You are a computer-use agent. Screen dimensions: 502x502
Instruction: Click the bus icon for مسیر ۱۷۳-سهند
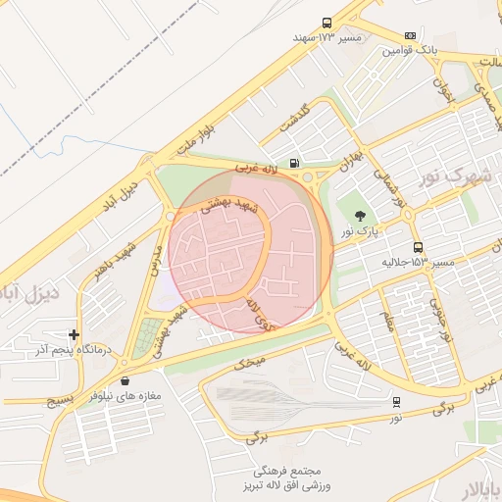326,23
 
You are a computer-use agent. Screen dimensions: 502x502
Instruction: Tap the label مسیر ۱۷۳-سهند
327,37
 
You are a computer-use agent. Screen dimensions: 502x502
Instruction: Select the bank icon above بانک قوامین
409,35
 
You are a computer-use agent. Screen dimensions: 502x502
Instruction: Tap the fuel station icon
294,164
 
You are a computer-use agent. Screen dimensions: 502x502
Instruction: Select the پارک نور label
360,231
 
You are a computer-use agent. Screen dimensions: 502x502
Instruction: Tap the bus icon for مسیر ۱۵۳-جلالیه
419,248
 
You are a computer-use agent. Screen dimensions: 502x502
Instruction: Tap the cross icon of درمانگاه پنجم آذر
74,334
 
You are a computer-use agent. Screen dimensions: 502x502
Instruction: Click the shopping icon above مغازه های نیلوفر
125,380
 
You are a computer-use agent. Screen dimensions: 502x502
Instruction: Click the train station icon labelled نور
396,402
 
